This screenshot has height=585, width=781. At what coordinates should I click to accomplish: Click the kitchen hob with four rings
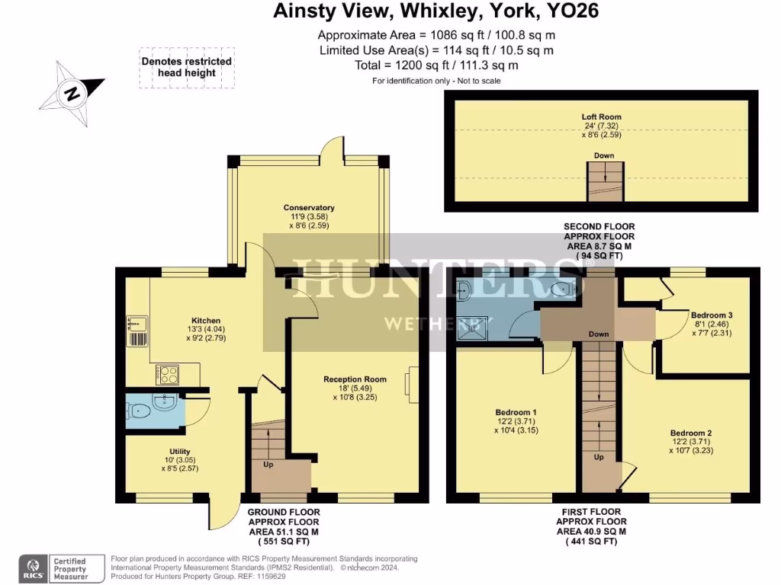point(168,374)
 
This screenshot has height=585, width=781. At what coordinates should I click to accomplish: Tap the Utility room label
point(180,459)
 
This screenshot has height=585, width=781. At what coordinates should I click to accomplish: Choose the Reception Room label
point(355,388)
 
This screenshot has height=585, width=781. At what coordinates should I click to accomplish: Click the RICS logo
point(35,567)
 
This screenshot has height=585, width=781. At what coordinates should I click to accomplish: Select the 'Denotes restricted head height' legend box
point(186,68)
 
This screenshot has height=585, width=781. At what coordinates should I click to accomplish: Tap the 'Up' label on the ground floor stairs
point(268,464)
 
